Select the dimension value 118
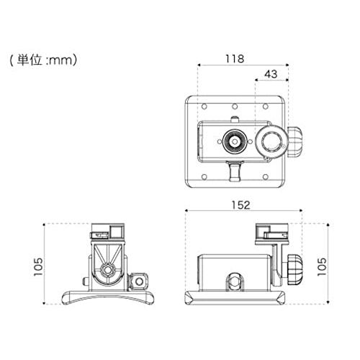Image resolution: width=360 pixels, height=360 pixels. (235, 58)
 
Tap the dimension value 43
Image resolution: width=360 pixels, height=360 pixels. (271, 75)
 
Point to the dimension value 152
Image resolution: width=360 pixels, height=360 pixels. (241, 204)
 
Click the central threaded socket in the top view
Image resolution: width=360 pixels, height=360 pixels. (235, 140)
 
